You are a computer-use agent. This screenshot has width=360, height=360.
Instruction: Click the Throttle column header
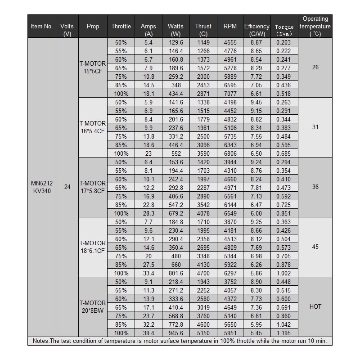[121, 26]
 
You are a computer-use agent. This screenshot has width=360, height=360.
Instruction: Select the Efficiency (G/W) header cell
[256, 30]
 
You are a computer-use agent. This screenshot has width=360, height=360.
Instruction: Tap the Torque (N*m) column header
[284, 30]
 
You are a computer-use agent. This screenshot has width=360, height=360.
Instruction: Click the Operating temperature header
[315, 26]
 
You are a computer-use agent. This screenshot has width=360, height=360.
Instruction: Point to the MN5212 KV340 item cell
[42, 187]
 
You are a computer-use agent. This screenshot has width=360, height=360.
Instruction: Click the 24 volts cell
[67, 187]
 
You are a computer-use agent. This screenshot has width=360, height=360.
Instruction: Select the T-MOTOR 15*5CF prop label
[93, 67]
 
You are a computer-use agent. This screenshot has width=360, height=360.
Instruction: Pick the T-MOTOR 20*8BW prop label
[93, 307]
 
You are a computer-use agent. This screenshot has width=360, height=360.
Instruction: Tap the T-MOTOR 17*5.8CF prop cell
[93, 187]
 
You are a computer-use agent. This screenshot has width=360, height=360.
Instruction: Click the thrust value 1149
[203, 42]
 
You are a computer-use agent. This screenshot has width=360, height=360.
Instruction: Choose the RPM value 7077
[230, 94]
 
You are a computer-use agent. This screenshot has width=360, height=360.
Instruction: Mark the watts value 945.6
[175, 333]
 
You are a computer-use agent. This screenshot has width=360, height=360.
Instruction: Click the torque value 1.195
[284, 333]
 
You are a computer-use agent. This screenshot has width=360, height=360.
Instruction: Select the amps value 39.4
[148, 333]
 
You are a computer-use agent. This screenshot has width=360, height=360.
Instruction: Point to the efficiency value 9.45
[256, 102]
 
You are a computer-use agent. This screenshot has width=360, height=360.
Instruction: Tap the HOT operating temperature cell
[315, 307]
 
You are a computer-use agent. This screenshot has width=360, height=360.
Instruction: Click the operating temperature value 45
[315, 247]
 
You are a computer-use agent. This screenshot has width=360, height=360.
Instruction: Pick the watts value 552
[175, 153]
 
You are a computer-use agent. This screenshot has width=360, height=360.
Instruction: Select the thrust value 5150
[203, 333]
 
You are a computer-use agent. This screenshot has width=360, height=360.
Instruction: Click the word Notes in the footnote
[39, 341]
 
